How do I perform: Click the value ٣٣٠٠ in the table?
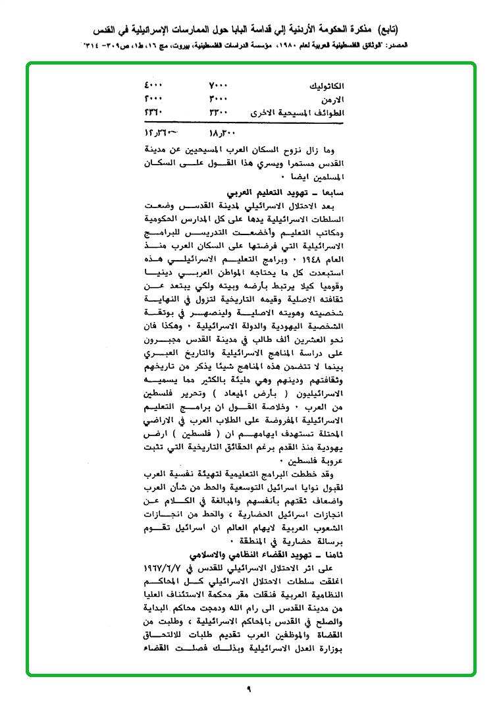pyautogui.click(x=218, y=113)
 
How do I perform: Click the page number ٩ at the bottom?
pyautogui.click(x=249, y=689)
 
